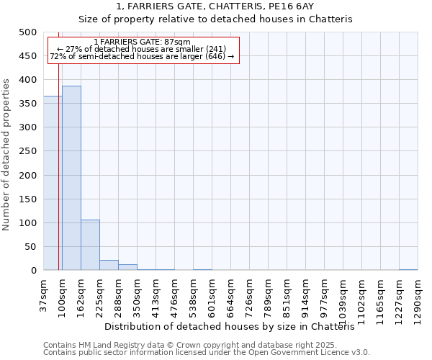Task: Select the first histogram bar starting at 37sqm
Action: (x=53, y=183)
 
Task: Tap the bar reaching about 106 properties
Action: (x=90, y=245)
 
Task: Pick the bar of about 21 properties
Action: (x=109, y=265)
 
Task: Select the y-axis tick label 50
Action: (x=30, y=247)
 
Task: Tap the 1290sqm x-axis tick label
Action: (x=418, y=300)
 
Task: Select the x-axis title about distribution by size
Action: (x=235, y=326)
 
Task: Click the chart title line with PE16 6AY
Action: (x=215, y=6)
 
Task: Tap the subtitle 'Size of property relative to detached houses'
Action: (x=215, y=19)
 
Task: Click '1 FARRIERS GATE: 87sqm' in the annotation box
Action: (x=142, y=42)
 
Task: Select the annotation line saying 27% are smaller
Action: (x=142, y=49)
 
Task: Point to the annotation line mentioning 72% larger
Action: (x=142, y=56)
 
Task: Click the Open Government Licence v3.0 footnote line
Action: (x=207, y=352)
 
